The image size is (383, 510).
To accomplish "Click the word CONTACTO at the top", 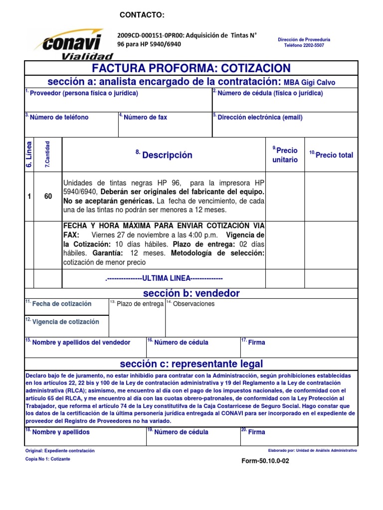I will click(x=142, y=16).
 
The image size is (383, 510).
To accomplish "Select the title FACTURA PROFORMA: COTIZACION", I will click(x=191, y=68).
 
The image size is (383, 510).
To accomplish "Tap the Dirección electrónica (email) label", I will click(x=260, y=118).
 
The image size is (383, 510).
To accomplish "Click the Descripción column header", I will click(x=167, y=155).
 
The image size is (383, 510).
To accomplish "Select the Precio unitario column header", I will click(x=285, y=155).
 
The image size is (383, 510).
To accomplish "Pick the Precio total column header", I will click(x=334, y=155).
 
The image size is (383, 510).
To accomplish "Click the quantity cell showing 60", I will click(x=48, y=197).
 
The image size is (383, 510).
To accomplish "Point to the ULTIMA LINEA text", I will click(x=164, y=278).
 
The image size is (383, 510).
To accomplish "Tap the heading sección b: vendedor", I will click(x=191, y=293).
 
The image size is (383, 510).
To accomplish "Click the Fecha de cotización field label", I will click(x=61, y=304).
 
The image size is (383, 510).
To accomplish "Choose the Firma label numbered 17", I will click(x=256, y=342).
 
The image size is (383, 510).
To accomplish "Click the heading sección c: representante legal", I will click(x=191, y=364).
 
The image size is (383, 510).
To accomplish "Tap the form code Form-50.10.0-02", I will click(x=265, y=461).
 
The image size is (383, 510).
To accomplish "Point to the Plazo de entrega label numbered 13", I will click(x=140, y=304).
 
